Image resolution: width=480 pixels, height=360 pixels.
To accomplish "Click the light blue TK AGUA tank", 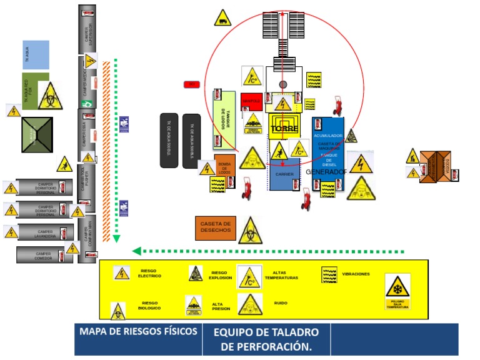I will coord(36,54).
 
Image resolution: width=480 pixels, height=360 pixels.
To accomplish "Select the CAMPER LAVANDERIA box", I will coord(46,232).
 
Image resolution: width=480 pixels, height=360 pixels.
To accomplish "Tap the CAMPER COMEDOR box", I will coord(42,254).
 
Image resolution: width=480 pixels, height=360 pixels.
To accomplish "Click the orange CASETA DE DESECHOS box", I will coord(216,227).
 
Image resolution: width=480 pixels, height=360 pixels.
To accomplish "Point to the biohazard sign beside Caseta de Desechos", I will coord(250,230).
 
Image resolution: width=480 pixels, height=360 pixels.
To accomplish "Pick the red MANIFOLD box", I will coord(251,101).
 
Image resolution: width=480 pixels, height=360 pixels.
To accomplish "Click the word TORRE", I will coord(284,129).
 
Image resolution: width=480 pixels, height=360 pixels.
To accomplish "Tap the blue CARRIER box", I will coord(284,176).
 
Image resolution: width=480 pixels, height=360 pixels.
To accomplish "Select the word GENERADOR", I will coord(326,171).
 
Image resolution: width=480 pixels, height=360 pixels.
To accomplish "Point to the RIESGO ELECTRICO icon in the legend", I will coord(122,273).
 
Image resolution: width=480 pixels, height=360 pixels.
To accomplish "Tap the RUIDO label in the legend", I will coord(281,303).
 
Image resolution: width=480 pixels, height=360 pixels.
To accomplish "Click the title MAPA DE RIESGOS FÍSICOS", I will coord(138,331).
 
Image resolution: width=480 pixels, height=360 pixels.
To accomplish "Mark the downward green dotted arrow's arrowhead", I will coord(116,238).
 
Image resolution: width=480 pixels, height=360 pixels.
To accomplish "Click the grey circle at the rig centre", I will coord(283,84).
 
